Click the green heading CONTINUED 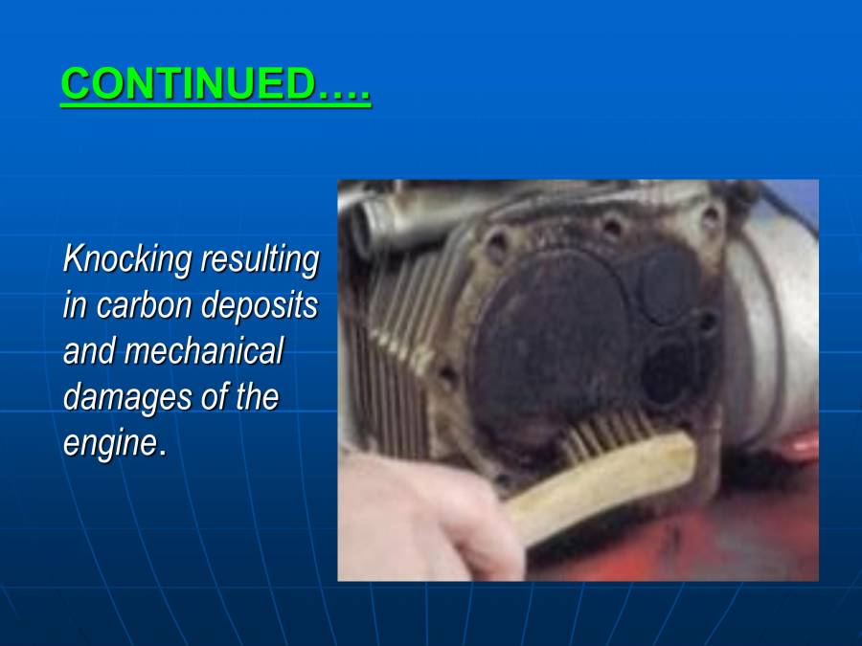point(215,85)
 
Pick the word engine point(108,442)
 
